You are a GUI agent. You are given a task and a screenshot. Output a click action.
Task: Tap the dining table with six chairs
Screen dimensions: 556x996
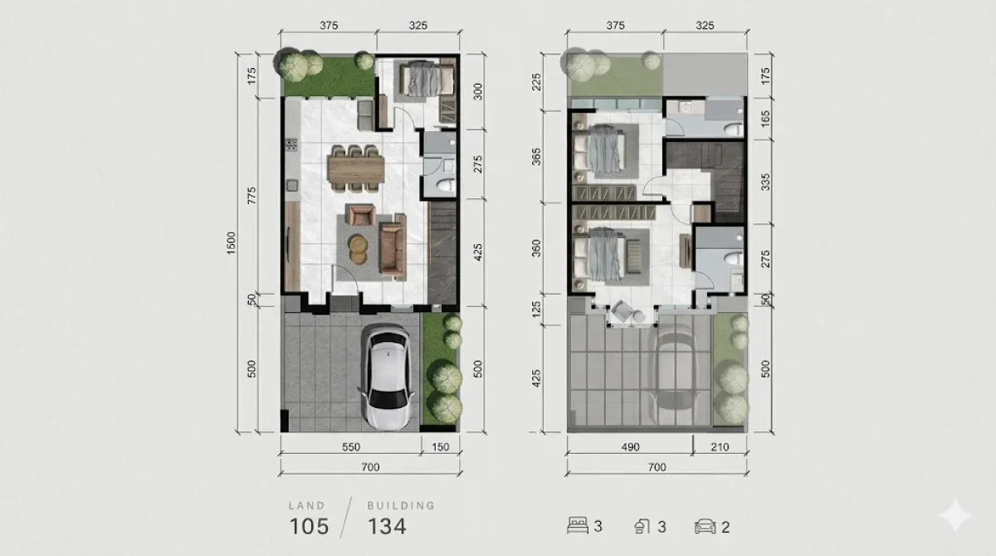click(357, 168)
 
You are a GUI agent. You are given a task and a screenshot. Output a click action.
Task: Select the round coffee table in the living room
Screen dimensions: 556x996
click(359, 248)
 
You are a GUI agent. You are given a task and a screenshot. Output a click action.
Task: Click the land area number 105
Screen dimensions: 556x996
click(309, 526)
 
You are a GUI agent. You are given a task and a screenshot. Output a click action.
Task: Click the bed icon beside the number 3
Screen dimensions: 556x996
click(577, 526)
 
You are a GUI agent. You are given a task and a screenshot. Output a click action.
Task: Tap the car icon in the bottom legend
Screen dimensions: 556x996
click(705, 526)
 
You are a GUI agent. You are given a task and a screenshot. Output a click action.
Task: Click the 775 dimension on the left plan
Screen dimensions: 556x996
click(251, 196)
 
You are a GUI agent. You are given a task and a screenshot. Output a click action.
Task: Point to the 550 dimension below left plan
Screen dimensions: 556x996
click(350, 446)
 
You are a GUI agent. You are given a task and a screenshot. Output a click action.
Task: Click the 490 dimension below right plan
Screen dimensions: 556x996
click(630, 446)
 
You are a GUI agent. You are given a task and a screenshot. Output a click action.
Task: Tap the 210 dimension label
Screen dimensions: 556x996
click(719, 446)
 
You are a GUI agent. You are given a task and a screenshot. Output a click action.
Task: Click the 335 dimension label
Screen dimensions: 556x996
click(765, 181)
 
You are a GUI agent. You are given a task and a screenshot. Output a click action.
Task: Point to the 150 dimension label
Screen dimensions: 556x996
click(440, 446)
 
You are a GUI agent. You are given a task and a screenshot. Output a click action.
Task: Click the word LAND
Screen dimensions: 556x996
click(307, 505)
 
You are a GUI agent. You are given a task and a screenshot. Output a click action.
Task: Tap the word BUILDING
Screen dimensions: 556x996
click(401, 505)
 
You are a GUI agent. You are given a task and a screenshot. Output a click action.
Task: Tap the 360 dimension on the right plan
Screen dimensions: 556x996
click(537, 248)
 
